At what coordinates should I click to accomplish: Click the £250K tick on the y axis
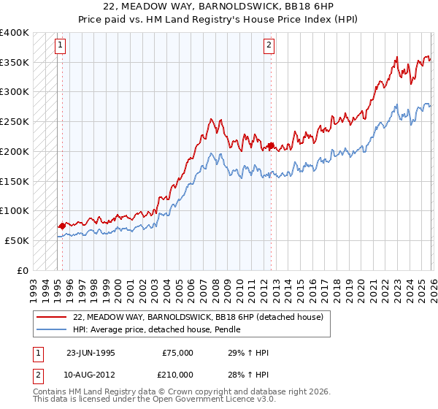pos(15,122)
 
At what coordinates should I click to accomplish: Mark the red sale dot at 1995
pos(61,226)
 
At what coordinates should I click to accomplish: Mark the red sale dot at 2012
pos(271,146)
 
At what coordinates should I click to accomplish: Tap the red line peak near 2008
pos(212,119)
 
